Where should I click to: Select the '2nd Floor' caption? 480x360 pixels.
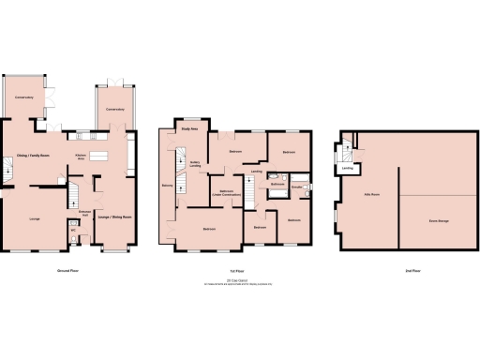(x=387, y=270)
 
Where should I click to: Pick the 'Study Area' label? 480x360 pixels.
(x=188, y=129)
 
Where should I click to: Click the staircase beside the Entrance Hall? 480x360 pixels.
(x=69, y=195)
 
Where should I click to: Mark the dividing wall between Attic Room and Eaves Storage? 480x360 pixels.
(x=400, y=211)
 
